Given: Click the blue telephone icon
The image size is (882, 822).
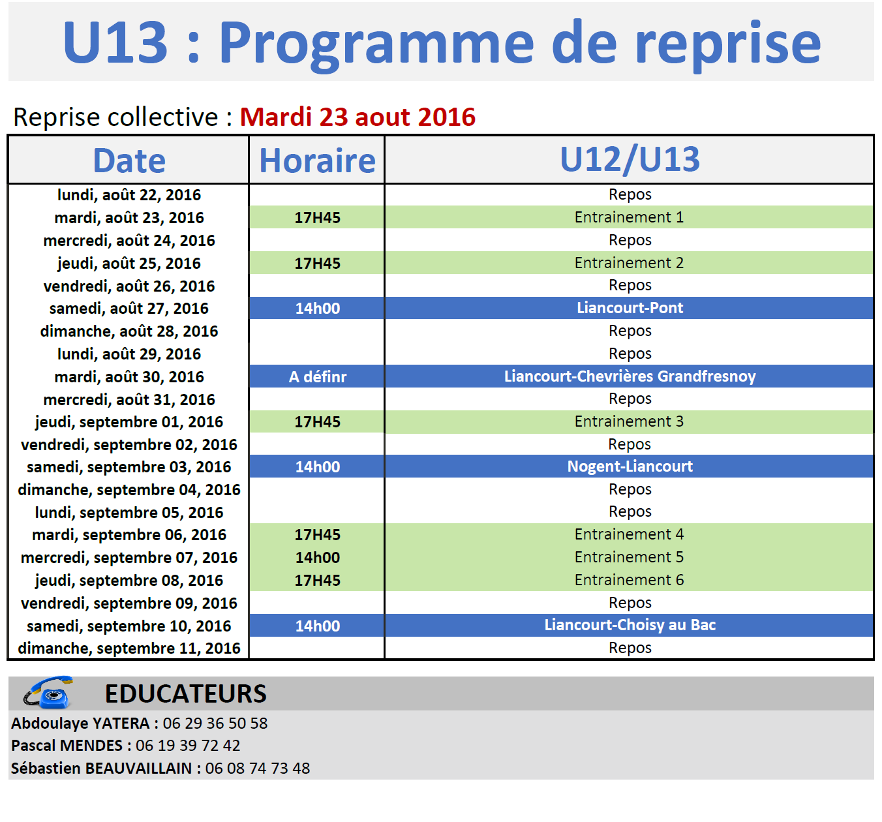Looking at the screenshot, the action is pos(48,692).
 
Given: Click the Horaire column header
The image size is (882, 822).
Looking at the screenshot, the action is pos(317,160).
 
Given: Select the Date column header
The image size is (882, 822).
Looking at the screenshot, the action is pos(129,160).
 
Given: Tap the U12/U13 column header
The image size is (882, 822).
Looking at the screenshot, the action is pos(630,160).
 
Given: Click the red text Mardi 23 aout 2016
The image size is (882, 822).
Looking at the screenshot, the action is pos(357,117).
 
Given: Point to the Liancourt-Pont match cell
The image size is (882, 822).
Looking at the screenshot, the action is pos(630,307).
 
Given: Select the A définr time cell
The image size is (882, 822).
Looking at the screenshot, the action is pos(317,376).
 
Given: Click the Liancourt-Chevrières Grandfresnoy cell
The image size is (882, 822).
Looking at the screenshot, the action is pos(630,376).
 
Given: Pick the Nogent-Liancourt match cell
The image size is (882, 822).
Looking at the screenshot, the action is pos(630,466).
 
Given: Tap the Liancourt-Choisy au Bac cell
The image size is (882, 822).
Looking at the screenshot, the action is pos(630,625).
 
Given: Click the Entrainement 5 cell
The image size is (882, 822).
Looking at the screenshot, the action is pos(629,556).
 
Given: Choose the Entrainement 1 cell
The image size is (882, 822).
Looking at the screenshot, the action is pos(629,217).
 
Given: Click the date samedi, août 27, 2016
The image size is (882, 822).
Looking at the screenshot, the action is pos(129,309).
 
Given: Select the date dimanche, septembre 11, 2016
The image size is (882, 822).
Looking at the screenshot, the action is pos(129,648).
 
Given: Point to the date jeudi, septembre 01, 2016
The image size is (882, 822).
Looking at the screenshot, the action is pos(129,421).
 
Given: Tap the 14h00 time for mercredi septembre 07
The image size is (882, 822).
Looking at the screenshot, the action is pos(317,557).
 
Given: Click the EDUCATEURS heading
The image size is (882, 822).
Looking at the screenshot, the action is pos(186,693).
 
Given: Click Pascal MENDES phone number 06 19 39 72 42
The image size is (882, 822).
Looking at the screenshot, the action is pos(188,745).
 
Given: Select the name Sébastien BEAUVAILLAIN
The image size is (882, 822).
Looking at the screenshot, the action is pos(101,769).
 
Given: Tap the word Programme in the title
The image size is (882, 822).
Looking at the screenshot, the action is pos(376,43).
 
